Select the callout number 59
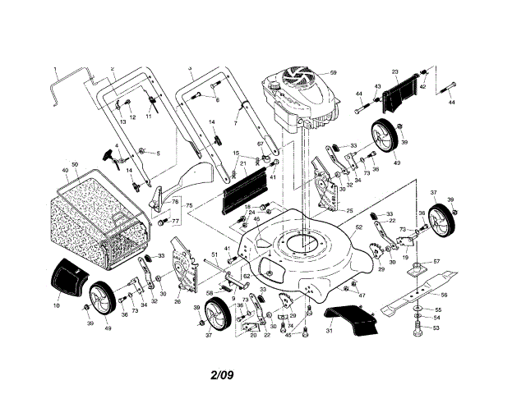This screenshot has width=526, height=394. click(334, 73)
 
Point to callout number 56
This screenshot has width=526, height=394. click(444, 295)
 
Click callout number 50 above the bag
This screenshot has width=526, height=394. click(74, 165)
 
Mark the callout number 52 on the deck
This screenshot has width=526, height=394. click(358, 226)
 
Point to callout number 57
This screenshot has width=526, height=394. click(436, 262)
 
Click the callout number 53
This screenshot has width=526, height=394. click(436, 328)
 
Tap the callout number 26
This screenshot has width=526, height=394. click(178, 301)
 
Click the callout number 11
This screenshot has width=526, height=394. click(149, 117)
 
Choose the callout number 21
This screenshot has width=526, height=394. click(243, 163)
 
